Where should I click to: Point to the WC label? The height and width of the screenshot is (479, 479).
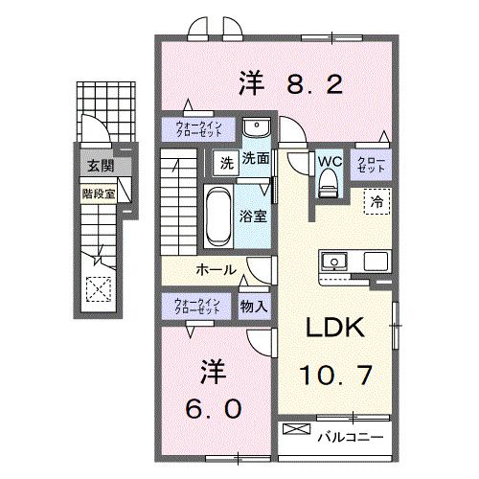pos(330,159)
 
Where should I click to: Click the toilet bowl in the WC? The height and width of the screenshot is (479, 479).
pos(329,186)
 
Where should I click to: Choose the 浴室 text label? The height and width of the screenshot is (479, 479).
pos(254,217)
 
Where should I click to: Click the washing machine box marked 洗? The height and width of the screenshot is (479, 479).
pos(222,161)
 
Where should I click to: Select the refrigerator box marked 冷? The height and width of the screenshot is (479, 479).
pos(376,202)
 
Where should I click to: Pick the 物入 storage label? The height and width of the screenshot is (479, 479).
pos(253,307)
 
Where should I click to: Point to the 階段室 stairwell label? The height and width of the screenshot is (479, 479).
pos(98,191)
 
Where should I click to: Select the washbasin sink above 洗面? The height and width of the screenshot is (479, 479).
pos(255,129)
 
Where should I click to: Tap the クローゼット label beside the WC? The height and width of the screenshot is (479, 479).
pos(372,163)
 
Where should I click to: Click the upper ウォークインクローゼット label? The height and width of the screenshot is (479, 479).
pos(197,129)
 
